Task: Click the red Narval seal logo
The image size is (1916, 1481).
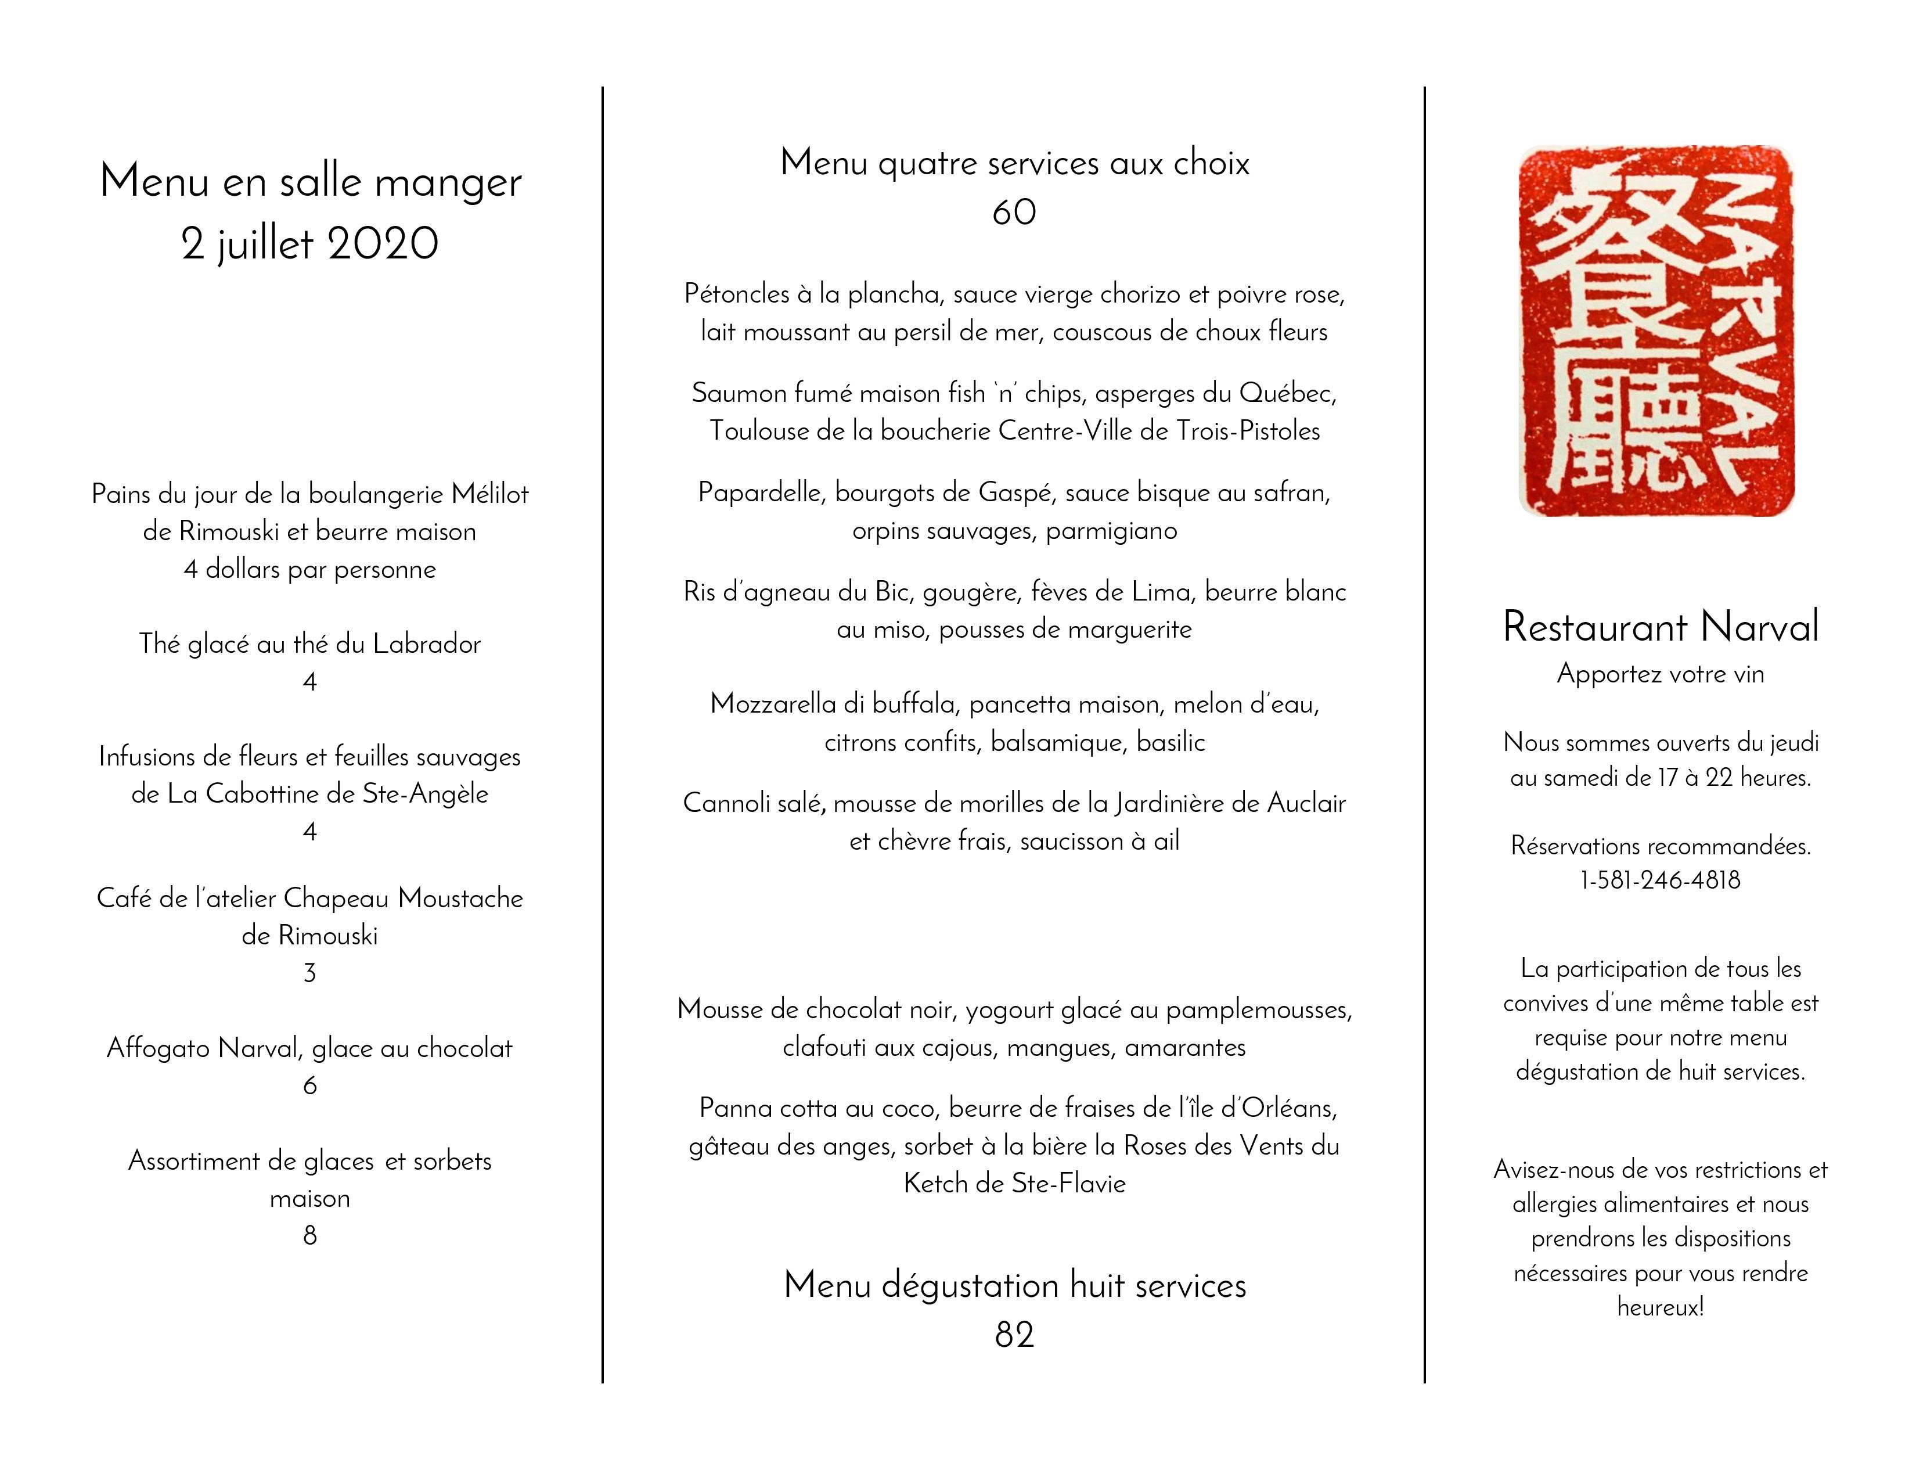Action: (1656, 331)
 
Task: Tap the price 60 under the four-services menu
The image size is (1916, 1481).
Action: (1014, 213)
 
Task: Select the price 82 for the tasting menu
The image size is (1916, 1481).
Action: (1014, 1335)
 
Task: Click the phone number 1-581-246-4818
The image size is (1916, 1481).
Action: (1660, 880)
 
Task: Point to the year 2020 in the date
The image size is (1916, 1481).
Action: (383, 244)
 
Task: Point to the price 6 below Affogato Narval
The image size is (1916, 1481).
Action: (309, 1085)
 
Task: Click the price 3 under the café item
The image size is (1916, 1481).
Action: (309, 972)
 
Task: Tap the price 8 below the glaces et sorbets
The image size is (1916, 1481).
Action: (309, 1235)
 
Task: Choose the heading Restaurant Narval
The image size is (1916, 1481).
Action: (1660, 627)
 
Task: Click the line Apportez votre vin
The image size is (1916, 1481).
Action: (1660, 674)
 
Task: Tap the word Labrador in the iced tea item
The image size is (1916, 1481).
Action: (427, 644)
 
